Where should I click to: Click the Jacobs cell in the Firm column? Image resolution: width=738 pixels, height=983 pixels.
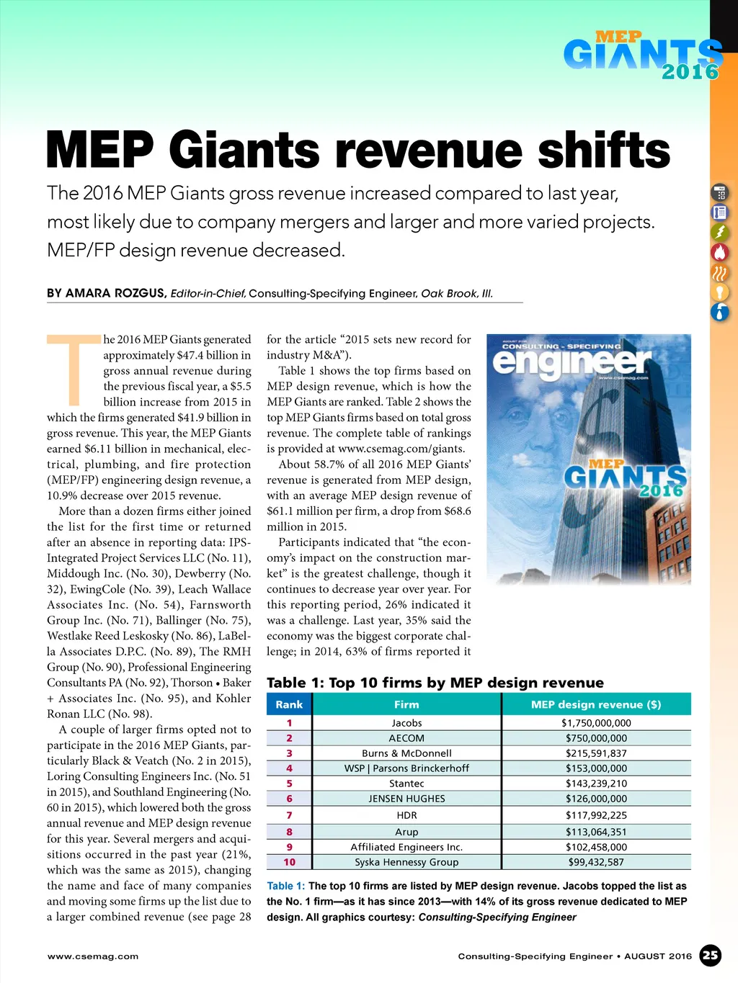click(x=406, y=723)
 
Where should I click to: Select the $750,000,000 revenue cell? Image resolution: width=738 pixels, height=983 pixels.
click(x=596, y=738)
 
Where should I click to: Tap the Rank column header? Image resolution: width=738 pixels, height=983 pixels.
click(x=289, y=704)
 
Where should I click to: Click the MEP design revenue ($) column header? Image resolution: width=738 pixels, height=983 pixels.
click(x=596, y=704)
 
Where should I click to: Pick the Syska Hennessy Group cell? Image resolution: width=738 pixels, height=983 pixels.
click(x=406, y=862)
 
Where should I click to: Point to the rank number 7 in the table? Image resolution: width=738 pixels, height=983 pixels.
click(x=289, y=815)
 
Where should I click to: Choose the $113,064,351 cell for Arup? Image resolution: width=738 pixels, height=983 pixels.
click(x=596, y=832)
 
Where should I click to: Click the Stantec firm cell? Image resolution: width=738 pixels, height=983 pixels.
click(x=406, y=784)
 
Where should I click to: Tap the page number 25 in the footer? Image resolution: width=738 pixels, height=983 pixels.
click(x=711, y=956)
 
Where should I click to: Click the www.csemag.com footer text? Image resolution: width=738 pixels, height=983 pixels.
click(x=93, y=956)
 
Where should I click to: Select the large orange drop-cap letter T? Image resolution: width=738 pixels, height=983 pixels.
click(x=74, y=369)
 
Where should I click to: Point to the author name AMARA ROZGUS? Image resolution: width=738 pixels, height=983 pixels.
click(x=115, y=293)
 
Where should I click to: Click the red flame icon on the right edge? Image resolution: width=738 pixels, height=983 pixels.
click(x=720, y=252)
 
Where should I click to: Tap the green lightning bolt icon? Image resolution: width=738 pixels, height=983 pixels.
click(x=720, y=232)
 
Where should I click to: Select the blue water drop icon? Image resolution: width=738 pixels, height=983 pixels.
click(x=720, y=312)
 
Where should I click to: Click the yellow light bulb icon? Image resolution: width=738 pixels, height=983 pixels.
click(x=720, y=292)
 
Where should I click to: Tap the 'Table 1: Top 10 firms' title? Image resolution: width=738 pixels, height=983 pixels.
click(x=435, y=683)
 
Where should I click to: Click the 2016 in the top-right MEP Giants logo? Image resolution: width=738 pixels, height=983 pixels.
click(x=690, y=72)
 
